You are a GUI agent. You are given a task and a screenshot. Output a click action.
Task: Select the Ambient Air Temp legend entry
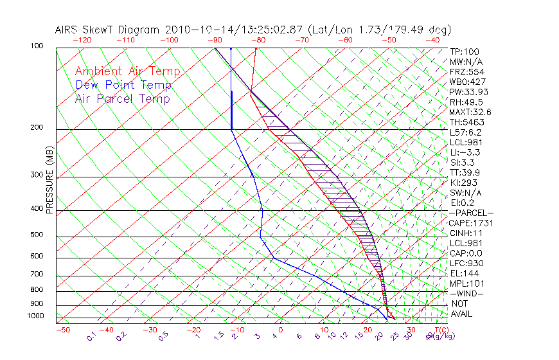pos(127,71)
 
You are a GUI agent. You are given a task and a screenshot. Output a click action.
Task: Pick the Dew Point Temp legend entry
pos(123,85)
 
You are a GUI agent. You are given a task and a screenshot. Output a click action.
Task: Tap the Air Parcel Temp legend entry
pos(123,98)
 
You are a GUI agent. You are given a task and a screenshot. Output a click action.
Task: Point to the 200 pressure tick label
pos(37,128)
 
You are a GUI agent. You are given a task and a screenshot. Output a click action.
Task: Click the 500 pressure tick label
pos(37,235)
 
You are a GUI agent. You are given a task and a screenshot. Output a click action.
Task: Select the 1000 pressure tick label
pos(35,316)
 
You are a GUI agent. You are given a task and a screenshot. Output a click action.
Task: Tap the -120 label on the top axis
pos(82,40)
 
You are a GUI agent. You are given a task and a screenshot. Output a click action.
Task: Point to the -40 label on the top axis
pos(432,40)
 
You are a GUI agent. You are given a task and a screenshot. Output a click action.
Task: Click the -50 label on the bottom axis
pos(62,330)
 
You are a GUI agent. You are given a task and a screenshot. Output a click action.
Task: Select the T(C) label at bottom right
pos(440,330)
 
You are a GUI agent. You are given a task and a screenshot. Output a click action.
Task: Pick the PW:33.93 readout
pos(466,92)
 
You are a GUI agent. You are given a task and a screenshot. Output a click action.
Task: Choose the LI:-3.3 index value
pos(465,152)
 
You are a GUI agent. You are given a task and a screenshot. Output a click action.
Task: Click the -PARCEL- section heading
pos(471,213)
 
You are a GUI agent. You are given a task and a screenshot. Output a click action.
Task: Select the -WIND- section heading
pos(466,294)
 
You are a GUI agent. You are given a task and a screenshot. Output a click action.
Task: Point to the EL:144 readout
pos(463,274)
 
